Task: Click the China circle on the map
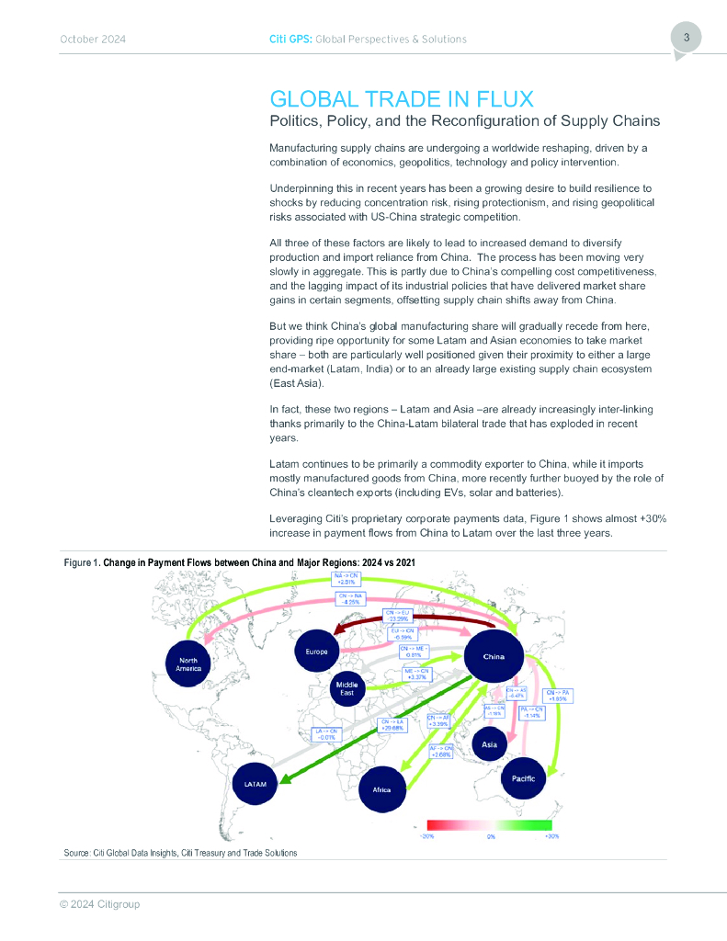coord(494,657)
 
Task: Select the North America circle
coord(187,663)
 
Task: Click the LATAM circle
coord(256,785)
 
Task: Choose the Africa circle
coord(381,789)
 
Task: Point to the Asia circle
coord(490,743)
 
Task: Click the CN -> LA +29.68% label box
coord(399,727)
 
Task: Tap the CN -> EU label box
coord(400,615)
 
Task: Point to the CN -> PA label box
coord(559,696)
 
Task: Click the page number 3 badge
coord(686,39)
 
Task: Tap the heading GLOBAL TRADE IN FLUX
coord(403,99)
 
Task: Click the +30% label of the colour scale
coord(551,836)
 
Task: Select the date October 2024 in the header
coord(93,40)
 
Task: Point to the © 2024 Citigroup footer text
coord(99,904)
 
